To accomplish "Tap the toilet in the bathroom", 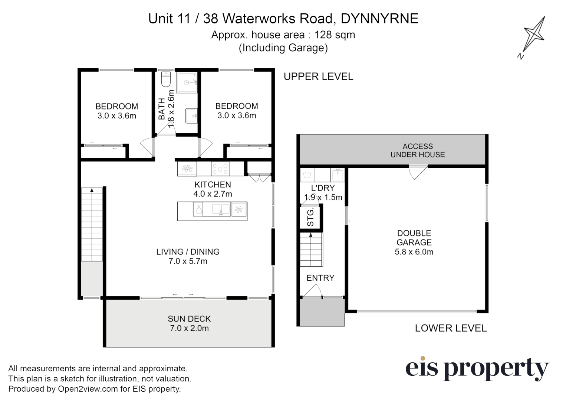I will coord(165,79).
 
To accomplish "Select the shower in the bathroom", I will coord(187,83).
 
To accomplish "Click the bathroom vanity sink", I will coord(191,115).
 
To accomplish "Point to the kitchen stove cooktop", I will coord(220,169).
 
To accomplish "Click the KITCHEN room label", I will coord(213,185).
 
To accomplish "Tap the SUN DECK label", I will coord(189,319).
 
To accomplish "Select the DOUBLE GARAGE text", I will coord(414,238).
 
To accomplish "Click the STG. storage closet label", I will coord(310,217).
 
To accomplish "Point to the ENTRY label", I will coord(320,278).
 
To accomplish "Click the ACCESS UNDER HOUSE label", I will coord(418,150).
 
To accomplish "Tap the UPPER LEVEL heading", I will coord(318,76).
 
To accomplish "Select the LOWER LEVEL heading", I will coord(451,328).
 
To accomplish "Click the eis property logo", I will coord(477,368).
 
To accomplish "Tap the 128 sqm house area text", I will coord(335,35).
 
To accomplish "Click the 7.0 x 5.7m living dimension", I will coord(188,261).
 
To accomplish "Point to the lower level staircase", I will coord(311,250).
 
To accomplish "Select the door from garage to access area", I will coord(418,172).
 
